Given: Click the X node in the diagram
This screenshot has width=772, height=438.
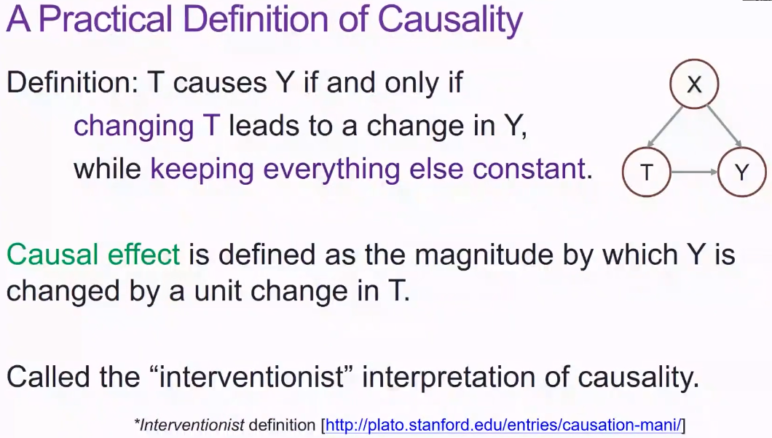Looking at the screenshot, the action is [694, 84].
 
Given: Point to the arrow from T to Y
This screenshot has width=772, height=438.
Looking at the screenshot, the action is [694, 172].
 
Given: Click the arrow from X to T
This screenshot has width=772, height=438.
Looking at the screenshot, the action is [665, 127].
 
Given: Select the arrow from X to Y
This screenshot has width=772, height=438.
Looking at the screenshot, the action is [724, 127].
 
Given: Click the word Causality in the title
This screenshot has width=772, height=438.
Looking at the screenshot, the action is [450, 20].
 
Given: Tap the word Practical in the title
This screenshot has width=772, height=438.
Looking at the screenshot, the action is [106, 20].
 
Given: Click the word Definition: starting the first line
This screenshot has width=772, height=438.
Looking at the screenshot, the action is [72, 82].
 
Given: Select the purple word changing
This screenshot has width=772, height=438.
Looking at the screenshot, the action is [133, 127].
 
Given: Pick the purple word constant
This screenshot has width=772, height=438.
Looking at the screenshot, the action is [529, 169].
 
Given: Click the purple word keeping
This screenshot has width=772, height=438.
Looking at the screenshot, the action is [202, 170].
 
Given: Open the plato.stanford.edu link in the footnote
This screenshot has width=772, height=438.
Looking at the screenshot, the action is [503, 425].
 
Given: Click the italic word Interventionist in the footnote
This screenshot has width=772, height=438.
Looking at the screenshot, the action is [192, 425].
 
